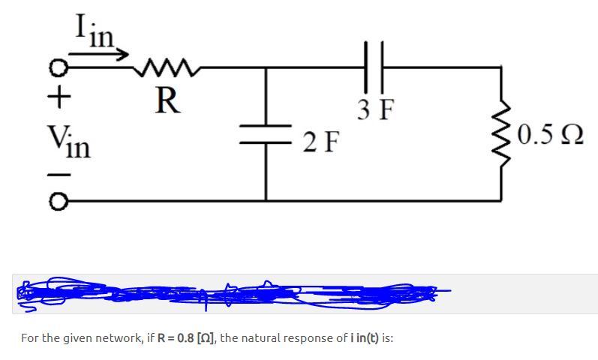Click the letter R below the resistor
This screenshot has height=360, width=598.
coord(167,101)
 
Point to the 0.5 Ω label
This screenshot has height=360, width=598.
coord(551,136)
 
